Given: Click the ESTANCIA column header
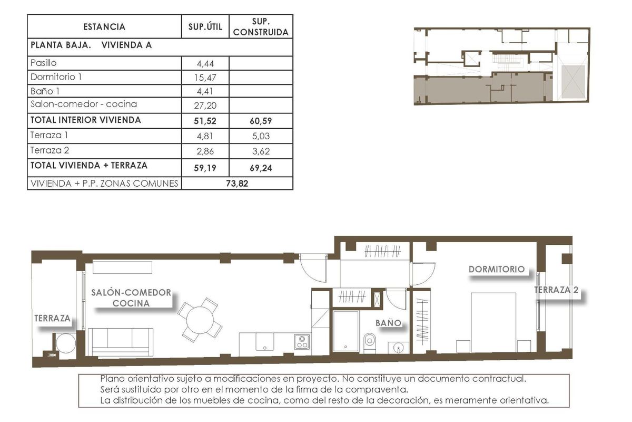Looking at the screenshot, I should coord(104,27).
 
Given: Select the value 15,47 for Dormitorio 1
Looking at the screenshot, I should coord(205,78).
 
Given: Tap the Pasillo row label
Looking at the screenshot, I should coord(43,63).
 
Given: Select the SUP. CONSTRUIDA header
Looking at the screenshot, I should coord(261,27).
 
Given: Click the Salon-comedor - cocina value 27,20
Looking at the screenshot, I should coord(205,105).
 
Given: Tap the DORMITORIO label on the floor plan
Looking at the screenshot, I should coord(497,269).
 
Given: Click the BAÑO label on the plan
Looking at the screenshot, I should coord(389,323).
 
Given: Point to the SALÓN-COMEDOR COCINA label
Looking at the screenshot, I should coord(131,298).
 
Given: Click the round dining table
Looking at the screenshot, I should coord(200,319).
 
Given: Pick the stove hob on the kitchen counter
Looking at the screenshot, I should coord(302,343).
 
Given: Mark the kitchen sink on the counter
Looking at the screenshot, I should coord(264,342).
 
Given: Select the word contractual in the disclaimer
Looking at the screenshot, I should coord(498,379).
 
